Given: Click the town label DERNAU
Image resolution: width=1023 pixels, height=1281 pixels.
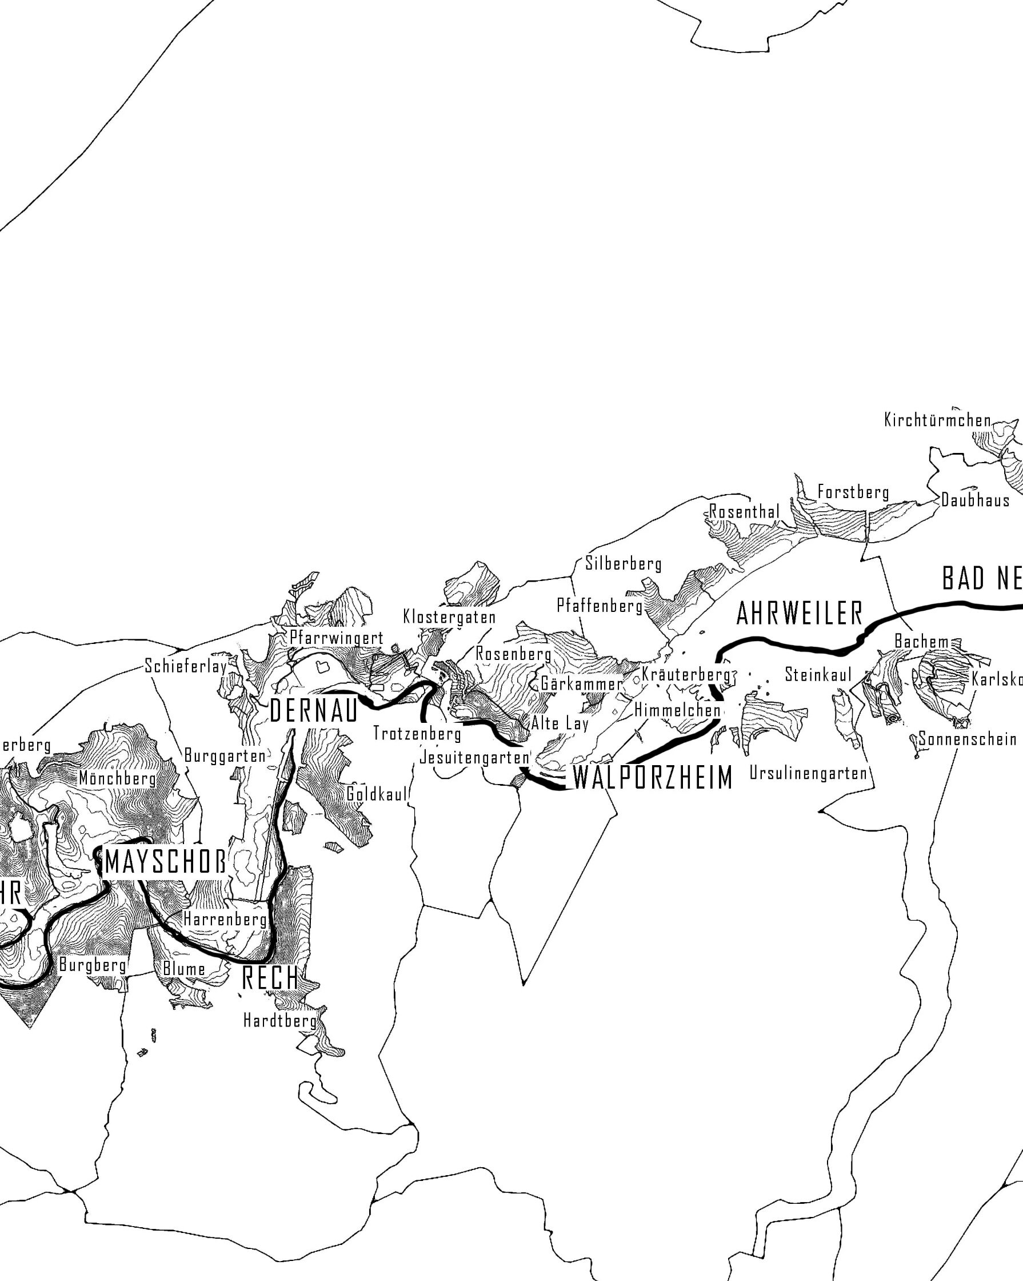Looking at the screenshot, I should tap(314, 711).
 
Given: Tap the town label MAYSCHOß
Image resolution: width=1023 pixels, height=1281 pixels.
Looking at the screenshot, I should tap(165, 862).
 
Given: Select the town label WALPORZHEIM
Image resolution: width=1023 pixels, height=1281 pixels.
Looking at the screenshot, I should tap(652, 778).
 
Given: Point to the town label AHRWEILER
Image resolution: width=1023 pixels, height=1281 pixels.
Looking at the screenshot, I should tap(799, 614).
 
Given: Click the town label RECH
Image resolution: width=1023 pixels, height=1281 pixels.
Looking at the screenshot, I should tap(270, 978).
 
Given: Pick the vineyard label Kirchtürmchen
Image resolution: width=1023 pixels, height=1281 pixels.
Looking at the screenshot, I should tap(937, 421).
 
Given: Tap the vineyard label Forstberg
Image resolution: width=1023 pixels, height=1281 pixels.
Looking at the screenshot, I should tap(853, 492).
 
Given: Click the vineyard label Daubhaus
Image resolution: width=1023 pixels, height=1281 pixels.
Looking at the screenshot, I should tap(975, 500).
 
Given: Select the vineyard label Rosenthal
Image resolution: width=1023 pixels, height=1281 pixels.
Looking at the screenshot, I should tap(745, 512).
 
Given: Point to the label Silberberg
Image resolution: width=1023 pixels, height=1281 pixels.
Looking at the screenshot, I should tap(623, 563).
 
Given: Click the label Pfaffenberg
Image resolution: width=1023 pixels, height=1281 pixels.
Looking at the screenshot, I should tap(600, 606).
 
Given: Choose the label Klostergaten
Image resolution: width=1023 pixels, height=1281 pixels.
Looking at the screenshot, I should tap(449, 616).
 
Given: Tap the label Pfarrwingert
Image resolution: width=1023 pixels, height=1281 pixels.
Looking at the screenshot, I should tap(336, 638).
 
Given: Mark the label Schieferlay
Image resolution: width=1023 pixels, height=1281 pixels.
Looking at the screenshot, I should tap(186, 666).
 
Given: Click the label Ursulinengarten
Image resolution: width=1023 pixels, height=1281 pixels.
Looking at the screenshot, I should tap(808, 773).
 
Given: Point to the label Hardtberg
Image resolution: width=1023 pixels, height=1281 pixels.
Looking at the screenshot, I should tap(279, 1021).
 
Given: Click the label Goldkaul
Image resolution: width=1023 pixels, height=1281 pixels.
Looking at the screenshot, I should tap(377, 794).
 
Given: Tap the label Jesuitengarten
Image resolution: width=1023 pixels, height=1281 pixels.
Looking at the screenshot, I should tap(474, 758).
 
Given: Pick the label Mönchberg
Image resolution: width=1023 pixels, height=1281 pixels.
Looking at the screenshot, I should tap(118, 778).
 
